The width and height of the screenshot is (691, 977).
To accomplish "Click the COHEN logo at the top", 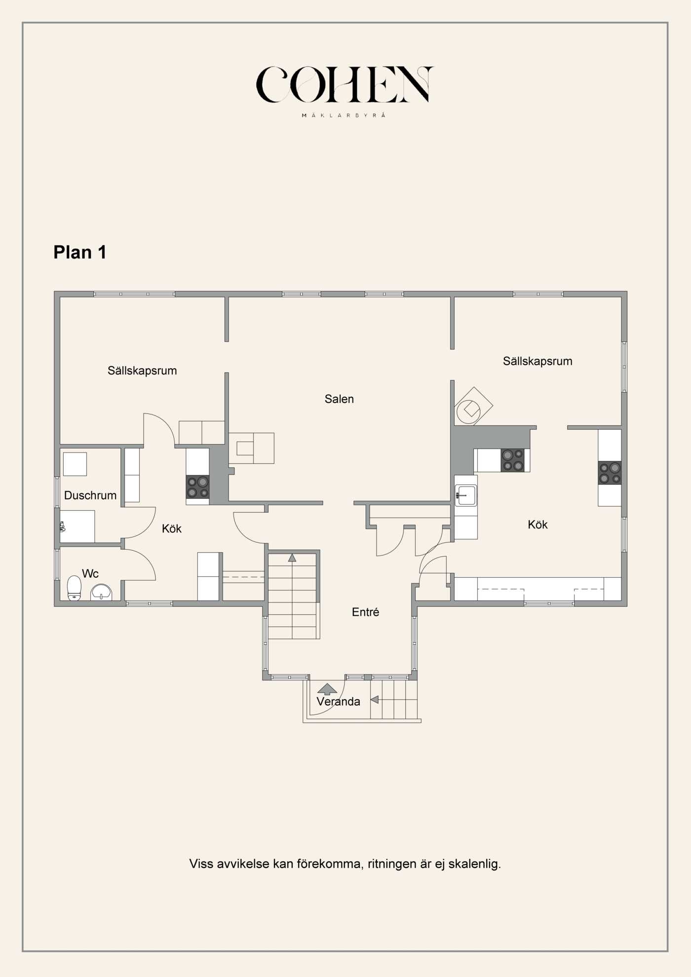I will tap(344, 85).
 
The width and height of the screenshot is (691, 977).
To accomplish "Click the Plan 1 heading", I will tap(80, 252).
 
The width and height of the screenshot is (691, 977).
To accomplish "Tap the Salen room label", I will tap(339, 399).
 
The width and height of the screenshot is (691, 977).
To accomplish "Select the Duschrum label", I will tap(90, 495).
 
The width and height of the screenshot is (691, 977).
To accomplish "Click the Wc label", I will tap(90, 573).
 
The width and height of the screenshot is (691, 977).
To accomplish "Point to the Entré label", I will tap(365, 612).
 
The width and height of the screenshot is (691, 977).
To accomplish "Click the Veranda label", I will tap(338, 702).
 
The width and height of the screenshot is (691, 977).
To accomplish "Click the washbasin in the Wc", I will tap(101, 592).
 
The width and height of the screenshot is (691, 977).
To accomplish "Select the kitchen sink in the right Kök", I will tap(466, 495).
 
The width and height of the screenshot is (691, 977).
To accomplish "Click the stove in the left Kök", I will tap(197, 487).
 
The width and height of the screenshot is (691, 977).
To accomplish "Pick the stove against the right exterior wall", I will tap(610, 473).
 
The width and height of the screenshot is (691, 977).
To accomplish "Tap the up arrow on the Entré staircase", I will tap(292, 558).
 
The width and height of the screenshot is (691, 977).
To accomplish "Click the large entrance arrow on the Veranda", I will tap(327, 689).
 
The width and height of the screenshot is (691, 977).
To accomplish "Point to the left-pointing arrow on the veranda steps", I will tap(375, 699).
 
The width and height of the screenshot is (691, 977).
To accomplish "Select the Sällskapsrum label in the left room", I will tap(142, 371).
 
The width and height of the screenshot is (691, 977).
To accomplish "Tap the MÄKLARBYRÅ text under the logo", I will tap(344, 115).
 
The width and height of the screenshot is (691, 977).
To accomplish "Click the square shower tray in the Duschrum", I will tap(75, 464).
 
